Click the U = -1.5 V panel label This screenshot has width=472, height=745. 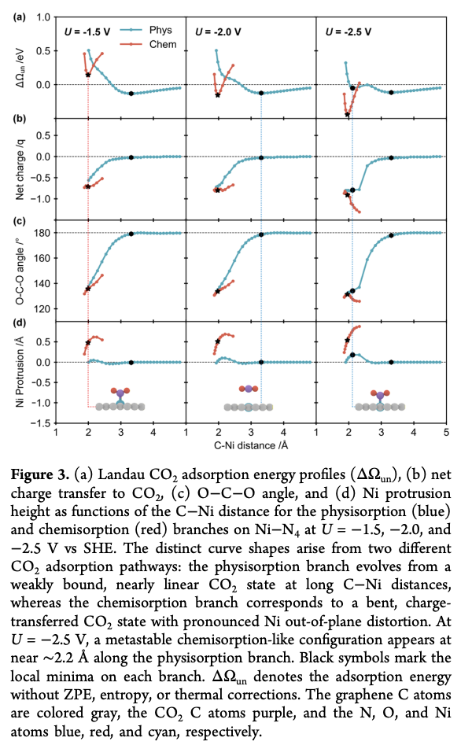87,32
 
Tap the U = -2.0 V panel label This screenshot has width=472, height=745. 218,32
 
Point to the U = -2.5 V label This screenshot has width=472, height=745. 348,32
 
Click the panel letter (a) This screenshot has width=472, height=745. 20,17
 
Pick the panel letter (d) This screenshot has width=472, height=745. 20,323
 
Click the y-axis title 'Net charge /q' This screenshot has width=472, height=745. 20,169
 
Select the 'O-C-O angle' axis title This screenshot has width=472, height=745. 20,271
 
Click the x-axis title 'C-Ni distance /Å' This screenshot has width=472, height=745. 251,445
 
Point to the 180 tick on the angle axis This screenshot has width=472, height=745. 43,233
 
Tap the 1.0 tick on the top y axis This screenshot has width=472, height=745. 43,17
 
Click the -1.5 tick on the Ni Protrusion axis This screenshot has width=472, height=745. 42,423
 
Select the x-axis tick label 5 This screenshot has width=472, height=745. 446,433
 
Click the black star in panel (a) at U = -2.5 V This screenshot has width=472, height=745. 348,115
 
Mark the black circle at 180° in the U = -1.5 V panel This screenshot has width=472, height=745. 131,234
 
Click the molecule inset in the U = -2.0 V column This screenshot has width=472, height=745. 249,398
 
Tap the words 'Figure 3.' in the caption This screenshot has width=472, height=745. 39,474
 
